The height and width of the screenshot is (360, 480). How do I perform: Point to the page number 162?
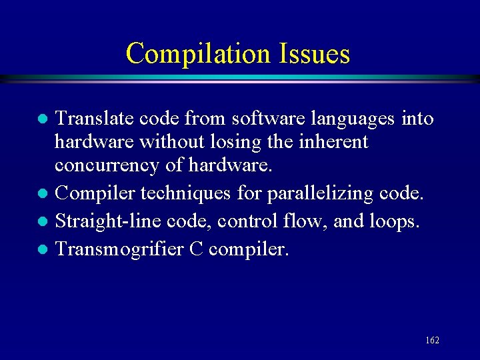point(432,341)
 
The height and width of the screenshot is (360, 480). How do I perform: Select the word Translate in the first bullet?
point(94,119)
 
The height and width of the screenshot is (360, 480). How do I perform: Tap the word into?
point(418,119)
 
